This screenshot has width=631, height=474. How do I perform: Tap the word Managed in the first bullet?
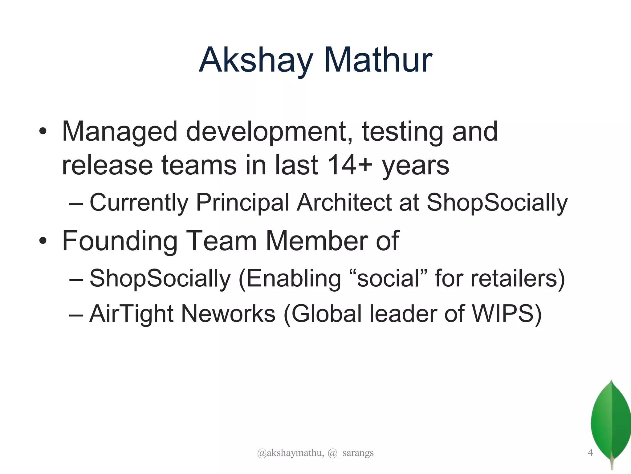(120, 132)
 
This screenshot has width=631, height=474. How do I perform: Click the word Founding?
(120, 241)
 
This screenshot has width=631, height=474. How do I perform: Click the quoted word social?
(388, 278)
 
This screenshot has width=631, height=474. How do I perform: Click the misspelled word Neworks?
(228, 314)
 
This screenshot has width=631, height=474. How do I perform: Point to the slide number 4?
(590, 453)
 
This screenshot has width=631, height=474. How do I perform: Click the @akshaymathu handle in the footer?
(290, 453)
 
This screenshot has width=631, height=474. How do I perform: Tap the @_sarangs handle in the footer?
(351, 453)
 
